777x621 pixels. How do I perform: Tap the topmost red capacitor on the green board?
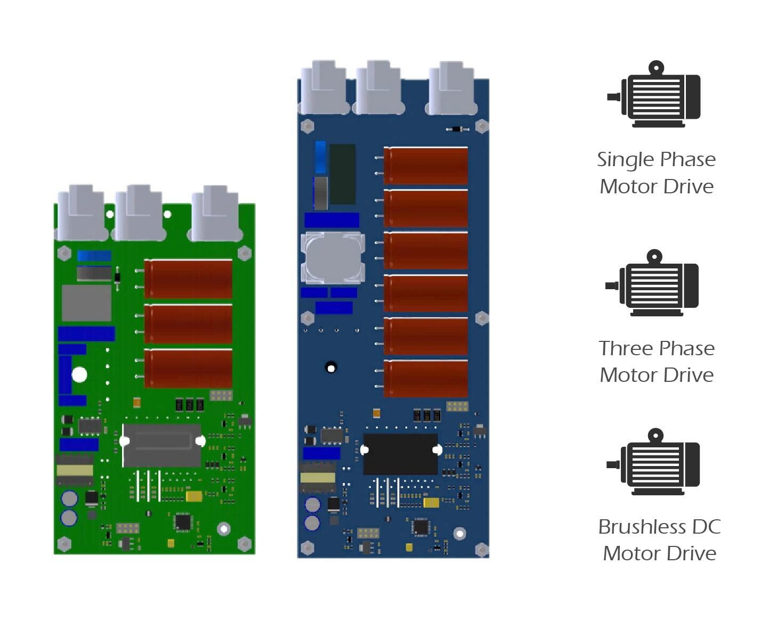pos(188,279)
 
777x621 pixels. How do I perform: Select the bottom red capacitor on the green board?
pos(188,368)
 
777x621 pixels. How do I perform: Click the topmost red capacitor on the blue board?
pos(425,166)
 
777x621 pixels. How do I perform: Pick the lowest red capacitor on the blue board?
pos(425,379)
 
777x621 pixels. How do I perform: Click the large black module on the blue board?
pos(400,454)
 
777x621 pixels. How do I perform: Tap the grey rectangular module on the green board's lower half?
pos(162,445)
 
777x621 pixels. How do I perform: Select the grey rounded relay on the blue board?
pos(333,258)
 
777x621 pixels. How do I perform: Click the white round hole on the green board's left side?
pos(79,375)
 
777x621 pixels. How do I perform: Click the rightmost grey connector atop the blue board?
pos(451,89)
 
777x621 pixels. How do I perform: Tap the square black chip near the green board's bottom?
pos(183,521)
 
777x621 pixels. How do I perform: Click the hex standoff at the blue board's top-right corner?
pos(481,126)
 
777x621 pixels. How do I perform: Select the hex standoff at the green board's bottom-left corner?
pos(64,544)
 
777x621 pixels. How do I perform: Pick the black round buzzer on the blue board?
pos(331,367)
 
